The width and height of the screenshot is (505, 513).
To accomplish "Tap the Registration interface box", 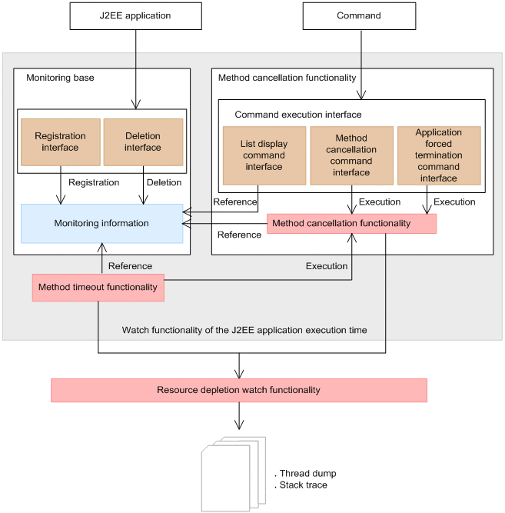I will (60, 142).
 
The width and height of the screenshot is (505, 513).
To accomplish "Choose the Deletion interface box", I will (143, 142).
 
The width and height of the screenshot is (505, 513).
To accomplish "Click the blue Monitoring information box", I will (101, 223).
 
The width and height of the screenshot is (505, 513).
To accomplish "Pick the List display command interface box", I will (262, 156).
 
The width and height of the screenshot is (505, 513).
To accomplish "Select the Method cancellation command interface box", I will (351, 156).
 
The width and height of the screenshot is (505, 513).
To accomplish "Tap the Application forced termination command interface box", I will (438, 155).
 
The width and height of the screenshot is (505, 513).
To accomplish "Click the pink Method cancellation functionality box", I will (352, 223).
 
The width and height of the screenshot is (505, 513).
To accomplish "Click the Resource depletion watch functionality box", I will (238, 390).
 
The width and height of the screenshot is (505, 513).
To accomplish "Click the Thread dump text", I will (307, 473).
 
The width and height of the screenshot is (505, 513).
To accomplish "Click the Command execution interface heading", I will (297, 115).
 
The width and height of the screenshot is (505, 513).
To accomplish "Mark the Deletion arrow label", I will (164, 183).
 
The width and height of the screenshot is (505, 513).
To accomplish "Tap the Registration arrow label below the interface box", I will (94, 183).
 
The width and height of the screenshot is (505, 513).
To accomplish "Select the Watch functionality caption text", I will (244, 330).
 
